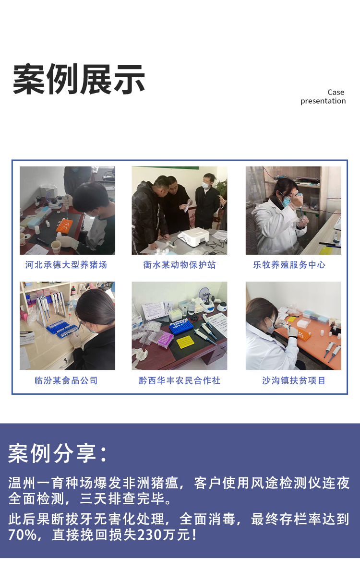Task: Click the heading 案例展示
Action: [x=79, y=79]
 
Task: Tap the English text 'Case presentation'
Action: [x=323, y=96]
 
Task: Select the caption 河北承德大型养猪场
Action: [x=66, y=265]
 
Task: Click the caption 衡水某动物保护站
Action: [x=180, y=265]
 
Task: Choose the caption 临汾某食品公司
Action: [x=66, y=380]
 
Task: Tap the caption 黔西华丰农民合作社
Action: [x=180, y=380]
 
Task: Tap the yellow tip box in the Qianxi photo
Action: [x=185, y=342]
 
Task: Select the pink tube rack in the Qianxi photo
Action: [x=163, y=338]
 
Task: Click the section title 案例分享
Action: [x=58, y=453]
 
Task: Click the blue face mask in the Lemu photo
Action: [x=287, y=202]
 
